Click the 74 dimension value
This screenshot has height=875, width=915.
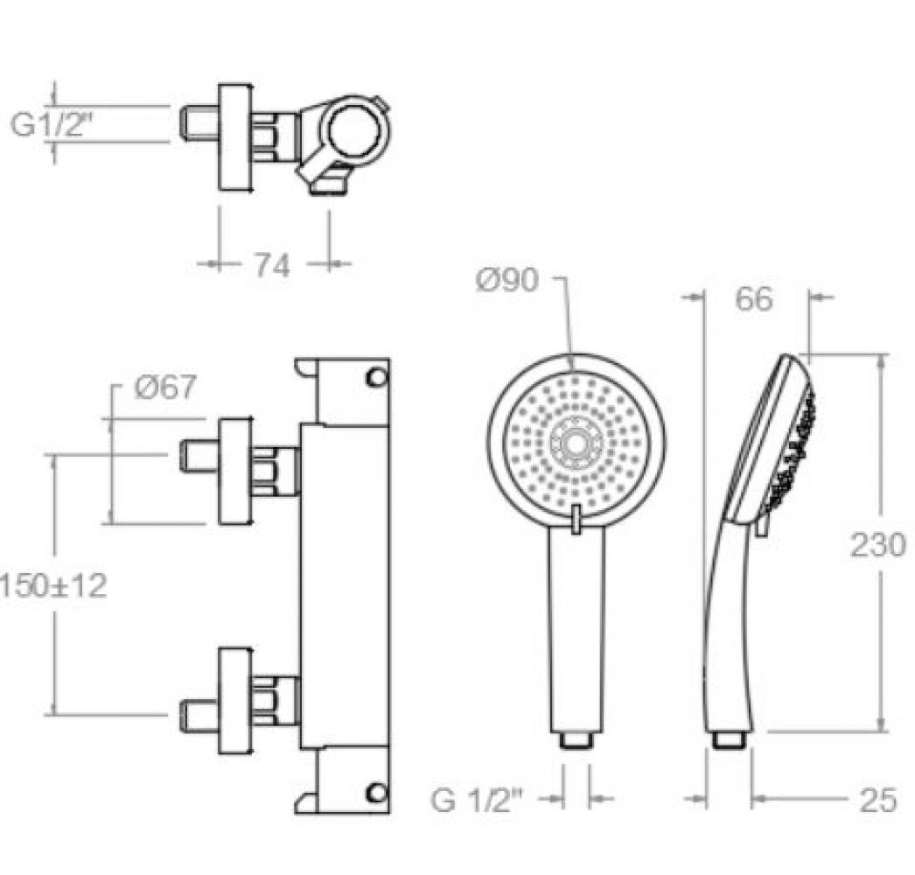(271, 267)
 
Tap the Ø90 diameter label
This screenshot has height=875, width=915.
(506, 281)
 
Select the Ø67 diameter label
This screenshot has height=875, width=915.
(165, 387)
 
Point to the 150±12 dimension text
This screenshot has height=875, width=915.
(53, 585)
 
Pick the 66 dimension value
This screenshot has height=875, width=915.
(753, 299)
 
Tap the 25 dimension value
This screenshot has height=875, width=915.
(877, 801)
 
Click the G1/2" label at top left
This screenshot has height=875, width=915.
(52, 124)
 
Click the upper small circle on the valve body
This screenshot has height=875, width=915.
(375, 378)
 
